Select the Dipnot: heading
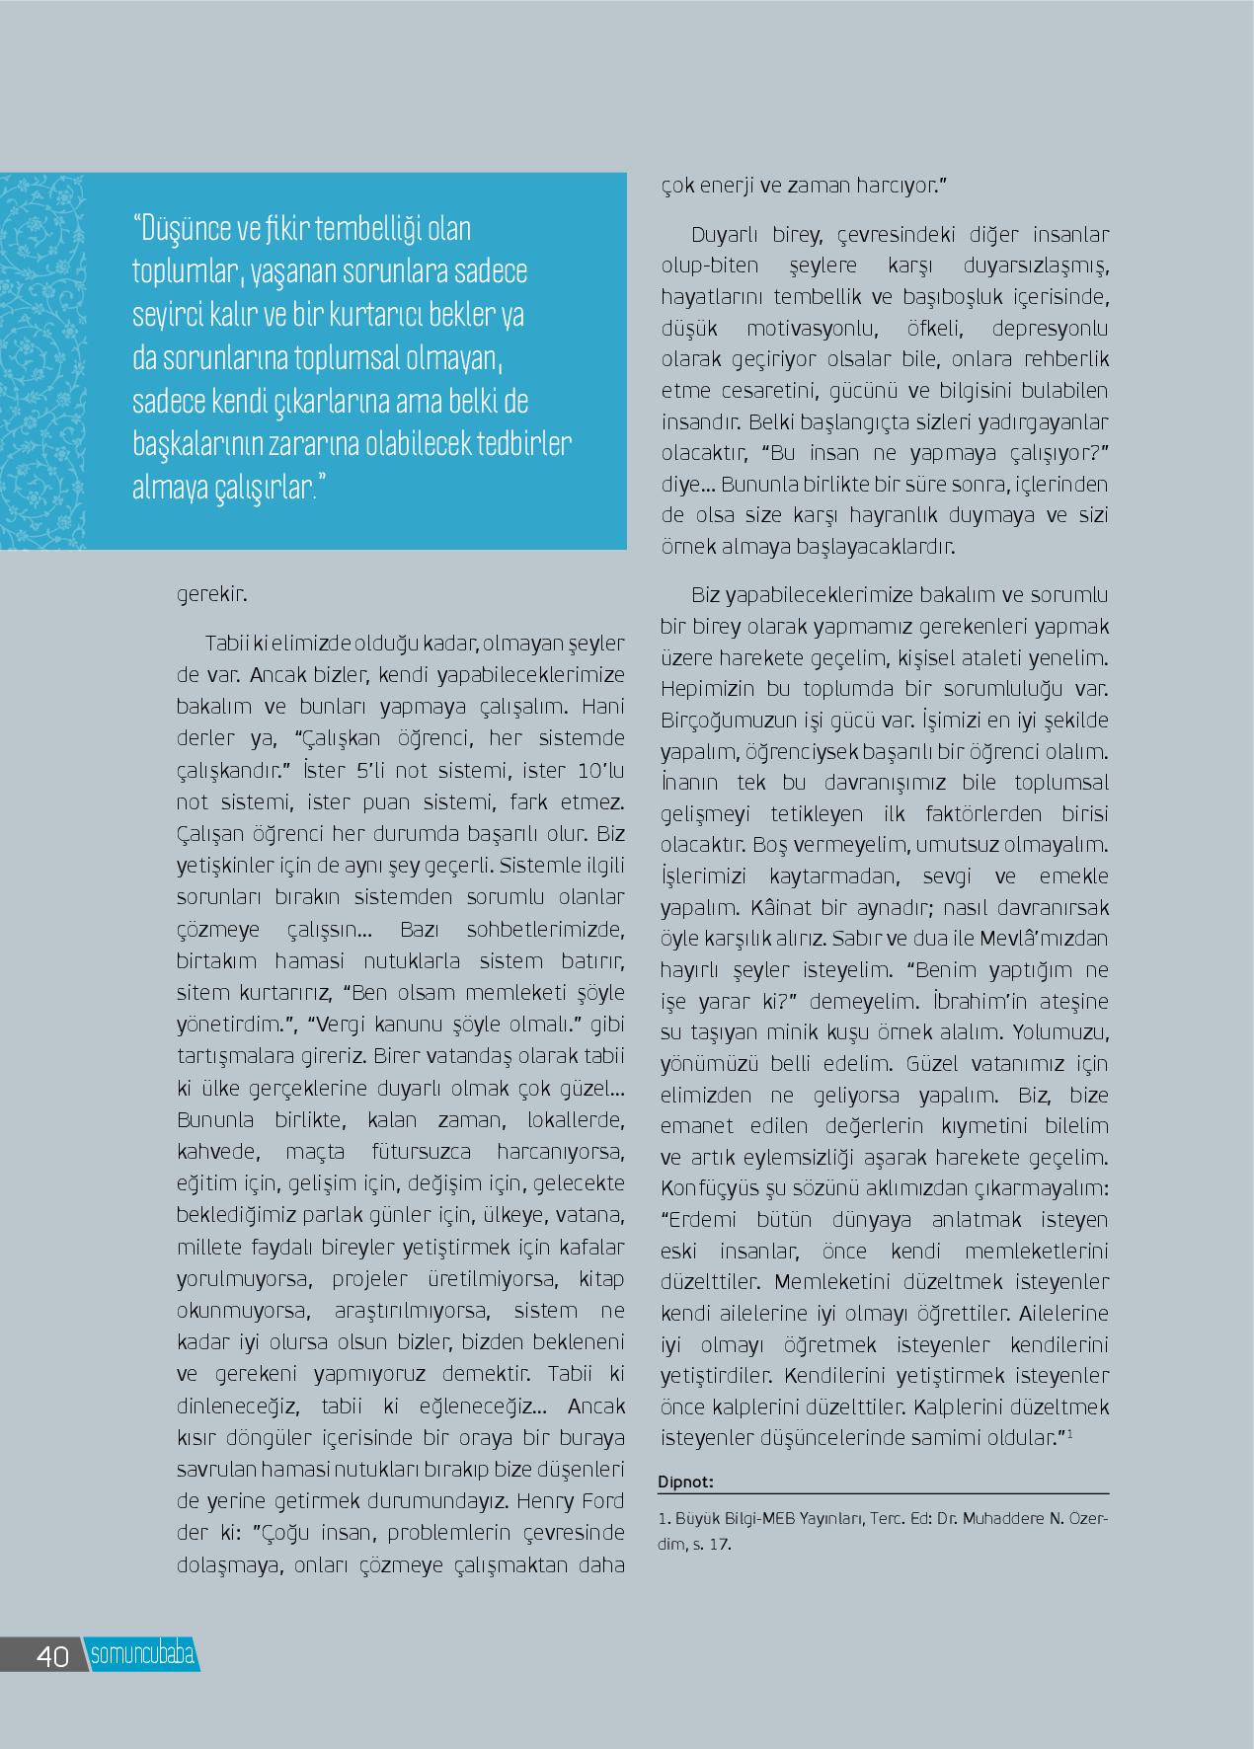click(x=684, y=1481)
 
